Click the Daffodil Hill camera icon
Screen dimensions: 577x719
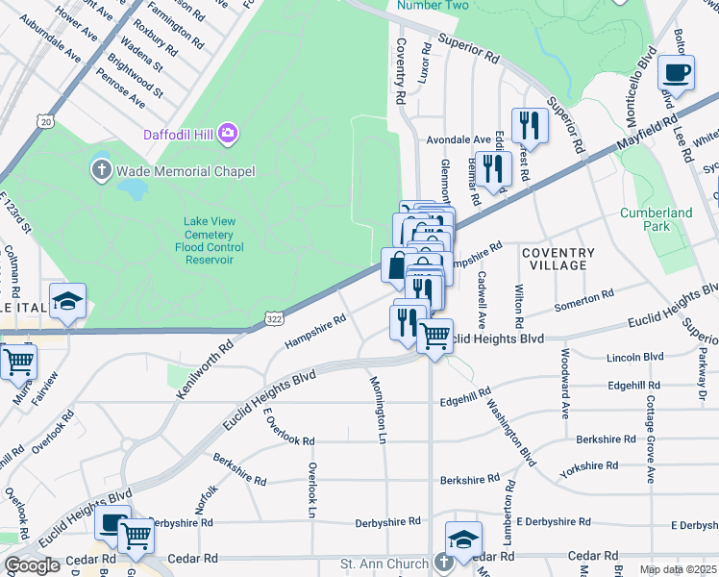tap(228, 132)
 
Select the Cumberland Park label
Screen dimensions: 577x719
tap(656, 219)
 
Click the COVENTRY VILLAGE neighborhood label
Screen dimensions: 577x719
tap(558, 259)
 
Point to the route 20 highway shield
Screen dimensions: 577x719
tap(44, 120)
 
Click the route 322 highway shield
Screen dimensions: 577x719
tap(273, 316)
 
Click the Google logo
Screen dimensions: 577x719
tap(32, 565)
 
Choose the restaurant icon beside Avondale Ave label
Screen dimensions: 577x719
tap(530, 124)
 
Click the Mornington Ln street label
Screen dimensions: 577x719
tap(379, 410)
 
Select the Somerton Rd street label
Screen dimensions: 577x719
tap(584, 300)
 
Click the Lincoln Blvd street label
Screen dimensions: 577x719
tap(635, 358)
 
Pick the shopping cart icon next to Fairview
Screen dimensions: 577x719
tap(17, 363)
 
